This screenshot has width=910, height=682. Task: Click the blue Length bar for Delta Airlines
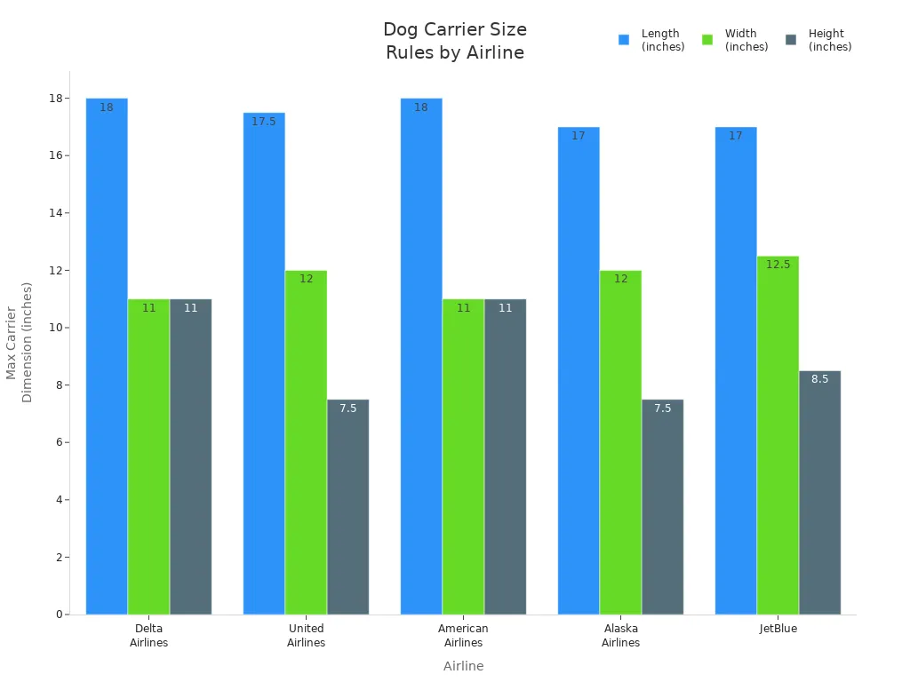coord(107,355)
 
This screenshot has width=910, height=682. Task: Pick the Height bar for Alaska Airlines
coord(662,506)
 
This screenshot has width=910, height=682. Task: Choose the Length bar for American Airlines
coord(421,355)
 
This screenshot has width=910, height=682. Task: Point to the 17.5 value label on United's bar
coord(264,122)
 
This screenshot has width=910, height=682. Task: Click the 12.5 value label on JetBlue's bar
coord(778,265)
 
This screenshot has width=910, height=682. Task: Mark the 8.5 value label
coord(819,379)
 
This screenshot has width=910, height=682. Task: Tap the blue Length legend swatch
coord(624,40)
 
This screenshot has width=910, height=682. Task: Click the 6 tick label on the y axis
coord(60,442)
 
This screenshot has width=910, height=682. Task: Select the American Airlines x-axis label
coord(463,635)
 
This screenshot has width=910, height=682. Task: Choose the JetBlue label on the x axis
coord(778,629)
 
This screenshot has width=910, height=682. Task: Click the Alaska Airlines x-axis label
coord(620,635)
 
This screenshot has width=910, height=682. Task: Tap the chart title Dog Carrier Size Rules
coord(455,41)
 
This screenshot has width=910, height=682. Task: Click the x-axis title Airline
coord(463,666)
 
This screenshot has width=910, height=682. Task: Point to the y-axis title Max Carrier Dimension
coord(20,342)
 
